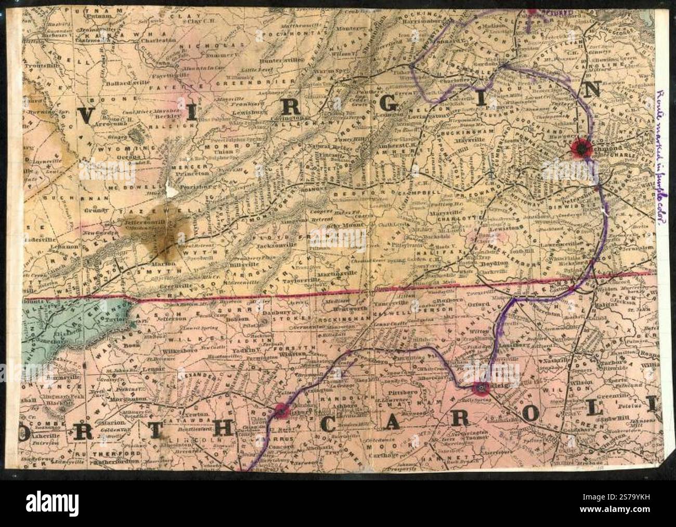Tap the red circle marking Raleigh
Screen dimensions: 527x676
tap(481, 387)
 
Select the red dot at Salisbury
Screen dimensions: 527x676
tap(281, 410)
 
